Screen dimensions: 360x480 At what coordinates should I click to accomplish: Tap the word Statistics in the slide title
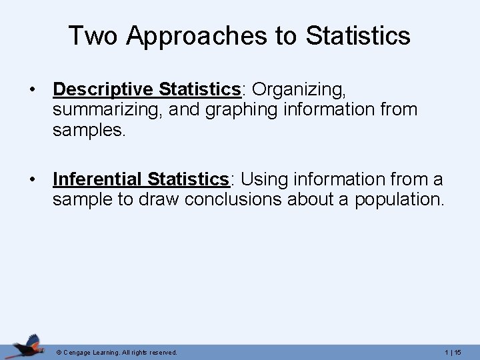coord(358,36)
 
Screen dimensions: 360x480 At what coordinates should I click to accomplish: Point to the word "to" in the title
coord(284,36)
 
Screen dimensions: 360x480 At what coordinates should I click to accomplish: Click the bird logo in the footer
coord(27,345)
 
